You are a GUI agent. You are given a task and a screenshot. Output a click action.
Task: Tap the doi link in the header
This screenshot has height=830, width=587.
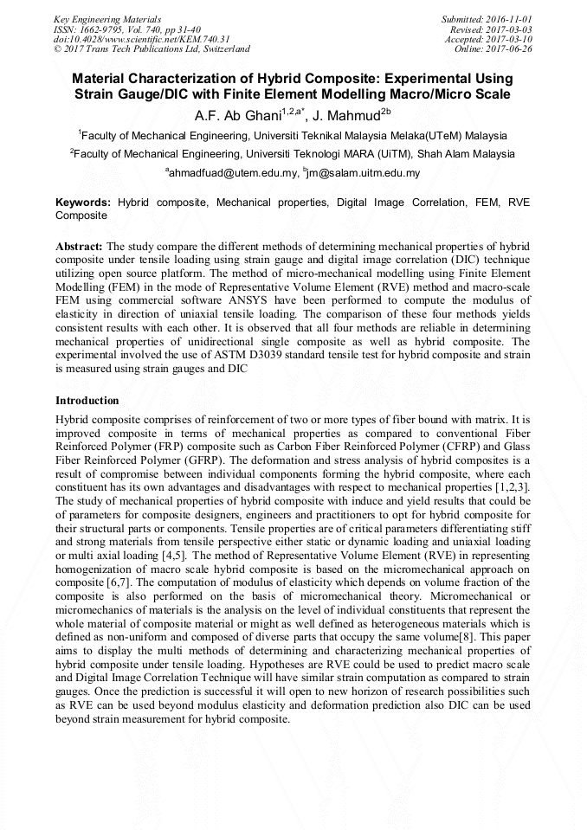141,39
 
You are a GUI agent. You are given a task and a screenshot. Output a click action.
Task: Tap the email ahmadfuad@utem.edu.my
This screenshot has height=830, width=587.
232,173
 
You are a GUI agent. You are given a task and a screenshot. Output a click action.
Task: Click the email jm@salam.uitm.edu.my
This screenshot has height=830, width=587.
363,173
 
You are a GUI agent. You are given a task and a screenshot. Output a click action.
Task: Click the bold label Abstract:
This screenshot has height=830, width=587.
79,246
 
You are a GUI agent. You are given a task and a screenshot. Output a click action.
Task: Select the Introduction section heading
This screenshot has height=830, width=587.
87,401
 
